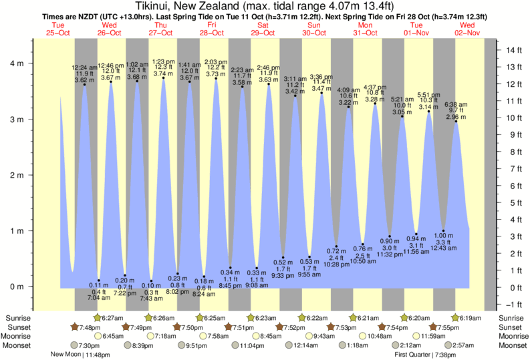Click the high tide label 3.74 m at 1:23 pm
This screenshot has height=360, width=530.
tap(163, 73)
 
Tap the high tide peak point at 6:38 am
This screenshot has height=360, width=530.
tap(456, 121)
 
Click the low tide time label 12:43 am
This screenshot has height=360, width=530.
tap(442, 248)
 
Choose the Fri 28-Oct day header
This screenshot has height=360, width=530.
tap(211, 28)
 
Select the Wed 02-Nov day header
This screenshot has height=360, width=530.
tap(467, 28)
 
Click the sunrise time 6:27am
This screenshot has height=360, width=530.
tap(115, 317)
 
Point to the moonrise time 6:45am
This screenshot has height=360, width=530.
tap(111, 336)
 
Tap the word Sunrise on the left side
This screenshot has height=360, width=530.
tap(17, 317)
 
